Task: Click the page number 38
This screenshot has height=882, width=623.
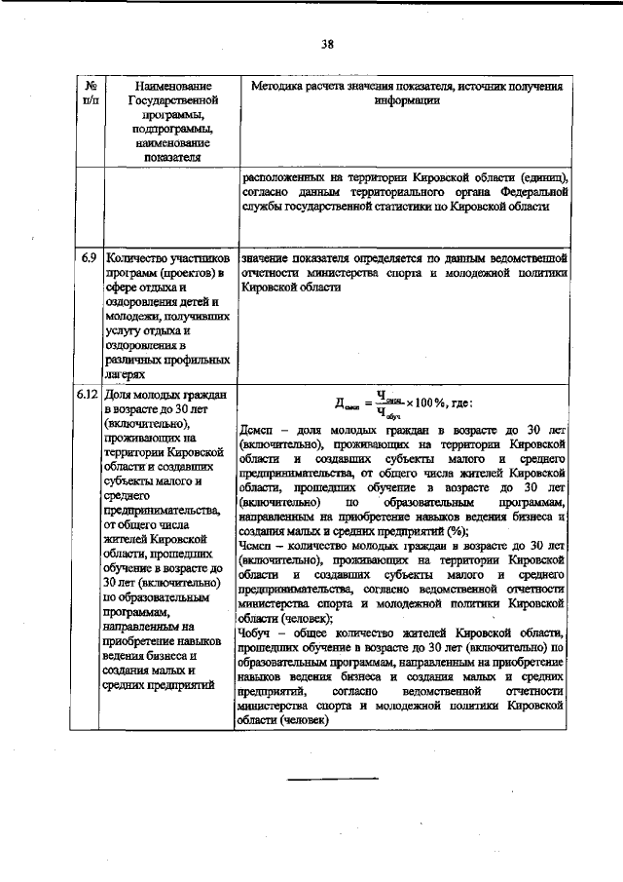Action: (325, 43)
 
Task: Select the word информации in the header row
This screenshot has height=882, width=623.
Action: (407, 100)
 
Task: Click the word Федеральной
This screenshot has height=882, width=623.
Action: (526, 193)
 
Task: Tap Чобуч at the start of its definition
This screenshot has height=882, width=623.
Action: (257, 633)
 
